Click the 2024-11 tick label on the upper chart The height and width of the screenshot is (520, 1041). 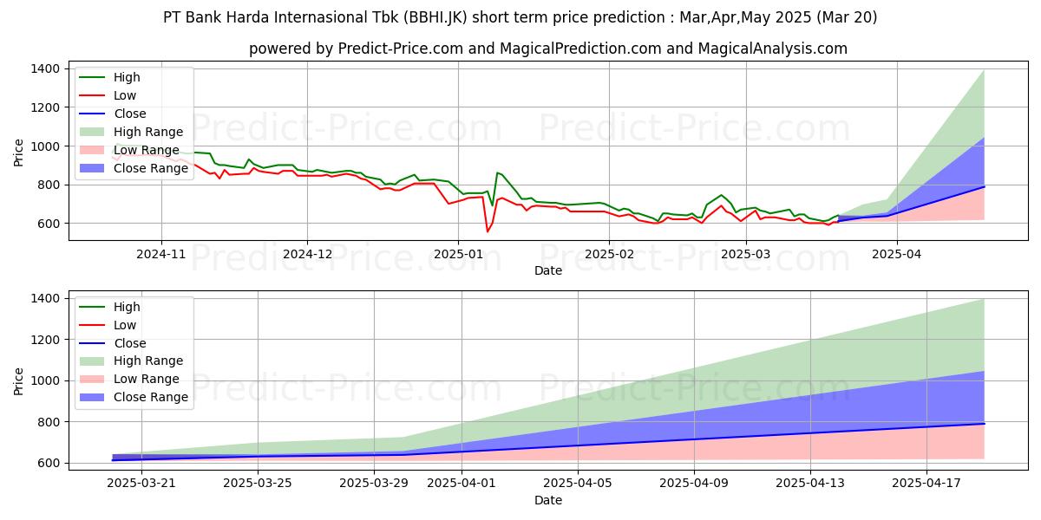[161, 254]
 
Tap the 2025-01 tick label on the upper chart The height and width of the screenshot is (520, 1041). [459, 254]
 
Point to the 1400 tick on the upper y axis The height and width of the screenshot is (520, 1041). [44, 68]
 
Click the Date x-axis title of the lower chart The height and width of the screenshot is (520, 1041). [547, 500]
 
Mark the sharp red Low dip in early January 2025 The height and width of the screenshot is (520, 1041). [487, 231]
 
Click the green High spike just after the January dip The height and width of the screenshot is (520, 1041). [497, 172]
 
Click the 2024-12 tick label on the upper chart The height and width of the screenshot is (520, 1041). [308, 254]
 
